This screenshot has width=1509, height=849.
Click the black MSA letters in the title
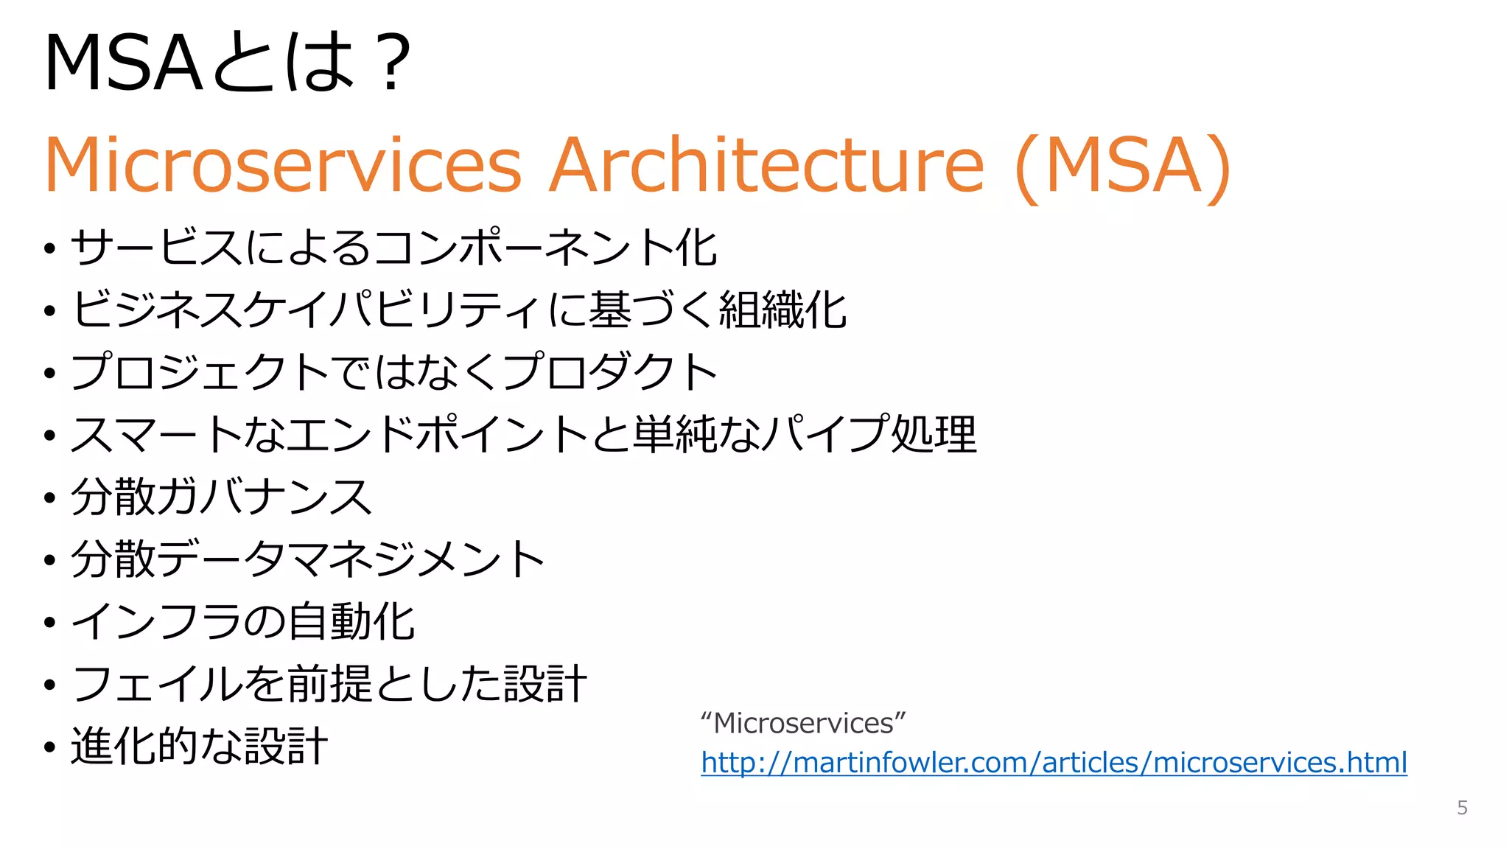pyautogui.click(x=122, y=64)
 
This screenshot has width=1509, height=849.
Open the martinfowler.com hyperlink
pyautogui.click(x=1054, y=762)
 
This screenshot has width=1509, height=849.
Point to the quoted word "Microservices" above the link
pyautogui.click(x=803, y=723)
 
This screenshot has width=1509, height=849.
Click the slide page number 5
pyautogui.click(x=1462, y=808)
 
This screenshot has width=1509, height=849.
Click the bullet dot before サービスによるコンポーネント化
pyautogui.click(x=49, y=248)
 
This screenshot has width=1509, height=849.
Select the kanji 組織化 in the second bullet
pyautogui.click(x=782, y=310)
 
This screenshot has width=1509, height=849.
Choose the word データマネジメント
pyautogui.click(x=351, y=559)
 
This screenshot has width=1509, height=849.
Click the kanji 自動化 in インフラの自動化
pyautogui.click(x=351, y=621)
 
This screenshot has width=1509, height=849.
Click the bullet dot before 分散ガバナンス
pyautogui.click(x=49, y=497)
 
